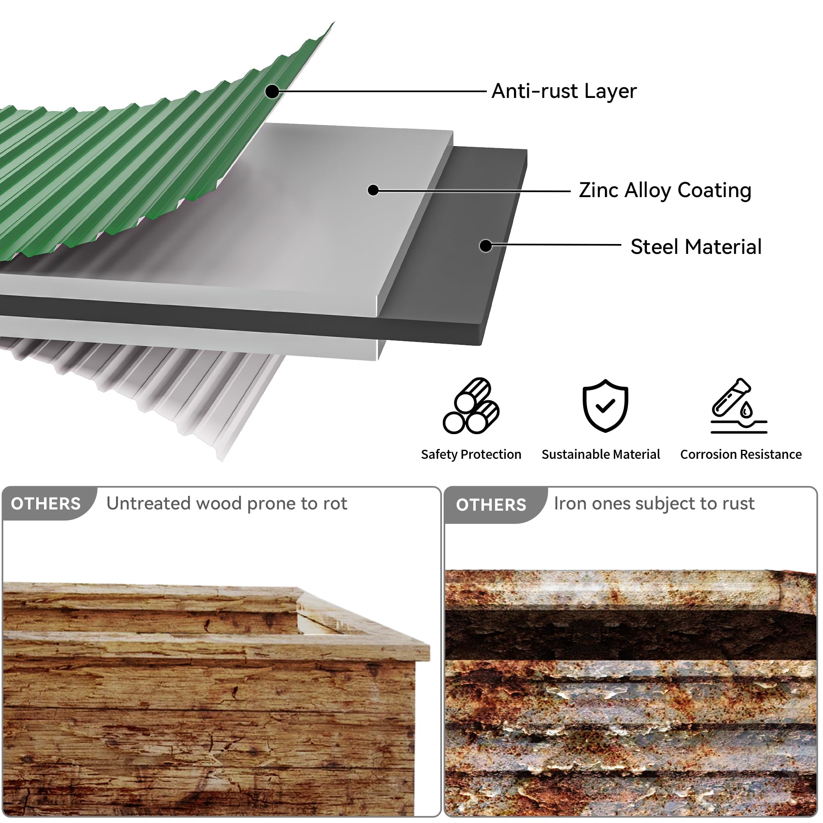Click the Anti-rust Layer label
(x=564, y=91)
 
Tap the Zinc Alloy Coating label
(x=665, y=191)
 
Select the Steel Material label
(x=696, y=246)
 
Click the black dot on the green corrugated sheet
(x=272, y=91)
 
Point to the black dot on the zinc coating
(x=373, y=190)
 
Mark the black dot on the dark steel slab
(x=486, y=246)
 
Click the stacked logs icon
(x=471, y=406)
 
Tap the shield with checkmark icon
(x=605, y=406)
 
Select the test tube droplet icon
(x=739, y=406)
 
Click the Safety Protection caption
(x=471, y=455)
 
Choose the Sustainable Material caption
(x=601, y=455)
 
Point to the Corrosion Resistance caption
(x=741, y=455)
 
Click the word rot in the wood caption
(x=335, y=504)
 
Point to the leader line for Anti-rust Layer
(x=383, y=91)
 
